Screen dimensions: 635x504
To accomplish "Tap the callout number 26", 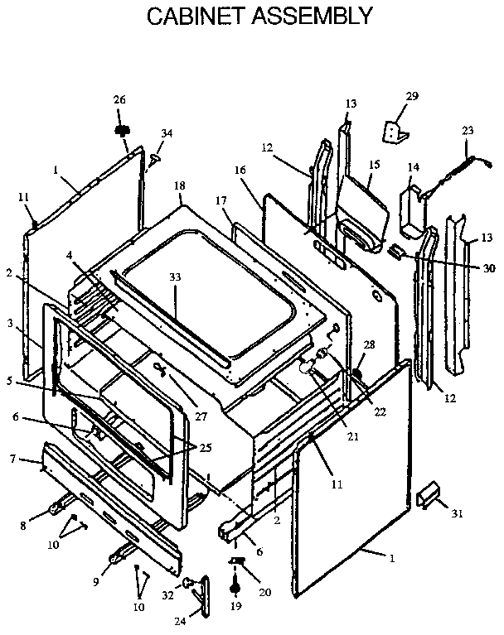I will point(120,100).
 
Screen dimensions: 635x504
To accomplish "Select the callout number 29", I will point(412,98).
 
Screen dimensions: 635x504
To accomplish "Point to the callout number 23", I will point(468,130).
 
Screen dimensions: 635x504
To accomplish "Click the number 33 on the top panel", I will point(174,277).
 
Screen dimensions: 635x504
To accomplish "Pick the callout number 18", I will point(179,186).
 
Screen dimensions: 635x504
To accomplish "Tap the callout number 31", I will point(458,513).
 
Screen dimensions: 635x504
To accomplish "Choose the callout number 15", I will point(374,165).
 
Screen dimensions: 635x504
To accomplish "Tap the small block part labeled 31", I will point(427,496).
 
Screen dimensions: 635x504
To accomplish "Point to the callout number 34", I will point(167,132).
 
